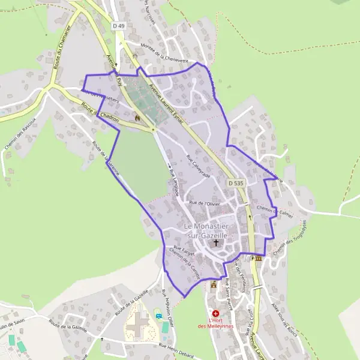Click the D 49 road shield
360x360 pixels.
[118, 25]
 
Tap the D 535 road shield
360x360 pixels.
[236, 182]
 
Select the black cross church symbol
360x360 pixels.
[217, 244]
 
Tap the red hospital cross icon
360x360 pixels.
[215, 313]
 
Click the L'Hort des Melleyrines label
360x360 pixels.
[215, 323]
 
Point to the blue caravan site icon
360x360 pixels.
[158, 316]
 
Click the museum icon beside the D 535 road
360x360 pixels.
[258, 258]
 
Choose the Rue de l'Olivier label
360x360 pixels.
[205, 203]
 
